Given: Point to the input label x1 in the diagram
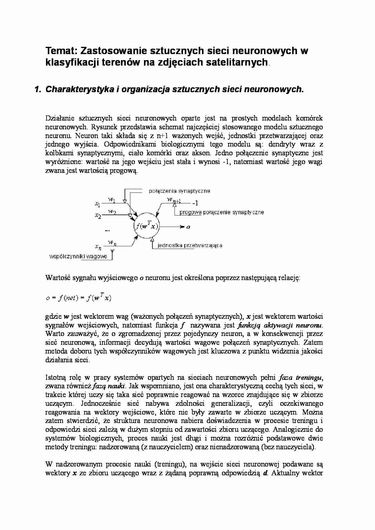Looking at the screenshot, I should pyautogui.click(x=97, y=205).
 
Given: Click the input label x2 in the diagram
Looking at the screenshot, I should pyautogui.click(x=97, y=215).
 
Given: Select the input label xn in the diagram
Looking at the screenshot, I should pyautogui.click(x=98, y=247).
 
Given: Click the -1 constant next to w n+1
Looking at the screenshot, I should pyautogui.click(x=195, y=203).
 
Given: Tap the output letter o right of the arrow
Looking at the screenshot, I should pyautogui.click(x=188, y=227).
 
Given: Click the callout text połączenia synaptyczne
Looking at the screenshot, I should pyautogui.click(x=179, y=191).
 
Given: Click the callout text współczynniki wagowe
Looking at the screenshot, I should pyautogui.click(x=78, y=257).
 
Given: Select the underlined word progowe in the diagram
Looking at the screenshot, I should pyautogui.click(x=190, y=212).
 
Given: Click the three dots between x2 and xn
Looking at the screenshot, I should pyautogui.click(x=107, y=230).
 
